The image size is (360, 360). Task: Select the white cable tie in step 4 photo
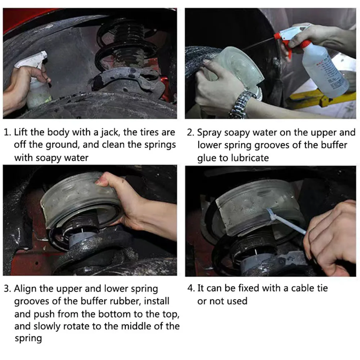pyautogui.click(x=287, y=220)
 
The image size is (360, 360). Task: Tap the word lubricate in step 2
pyautogui.click(x=250, y=158)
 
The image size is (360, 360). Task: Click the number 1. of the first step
pyautogui.click(x=7, y=132)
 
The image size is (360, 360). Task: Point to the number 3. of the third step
pyautogui.click(x=7, y=289)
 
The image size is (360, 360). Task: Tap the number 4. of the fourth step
pyautogui.click(x=191, y=288)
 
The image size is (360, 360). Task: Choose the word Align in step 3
pyautogui.click(x=25, y=289)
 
